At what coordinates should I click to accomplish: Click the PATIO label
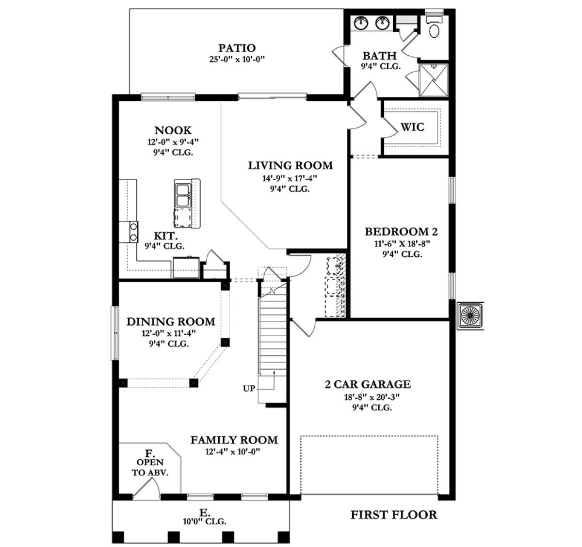coord(237,48)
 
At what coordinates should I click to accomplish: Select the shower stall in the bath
coord(434,80)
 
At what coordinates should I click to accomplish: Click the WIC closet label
coord(412,127)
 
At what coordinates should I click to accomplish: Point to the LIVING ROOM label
coord(291,166)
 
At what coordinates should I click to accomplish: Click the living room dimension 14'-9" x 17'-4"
coord(290,178)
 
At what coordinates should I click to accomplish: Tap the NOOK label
coord(173,130)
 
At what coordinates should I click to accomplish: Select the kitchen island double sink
coord(183,195)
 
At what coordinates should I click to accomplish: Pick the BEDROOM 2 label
coord(401,232)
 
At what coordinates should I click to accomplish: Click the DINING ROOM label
coord(171,322)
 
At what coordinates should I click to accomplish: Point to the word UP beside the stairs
coord(249,389)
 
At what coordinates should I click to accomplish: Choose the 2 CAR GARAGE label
coord(368,384)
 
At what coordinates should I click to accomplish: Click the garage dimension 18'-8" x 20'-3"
coord(372,397)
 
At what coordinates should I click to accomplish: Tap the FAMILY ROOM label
coord(234,440)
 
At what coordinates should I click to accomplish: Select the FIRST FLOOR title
coord(394,515)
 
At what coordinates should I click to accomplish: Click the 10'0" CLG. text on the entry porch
coord(205,521)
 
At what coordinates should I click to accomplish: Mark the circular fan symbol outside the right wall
coord(470,315)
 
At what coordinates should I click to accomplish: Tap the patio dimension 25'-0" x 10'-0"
coord(237,60)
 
